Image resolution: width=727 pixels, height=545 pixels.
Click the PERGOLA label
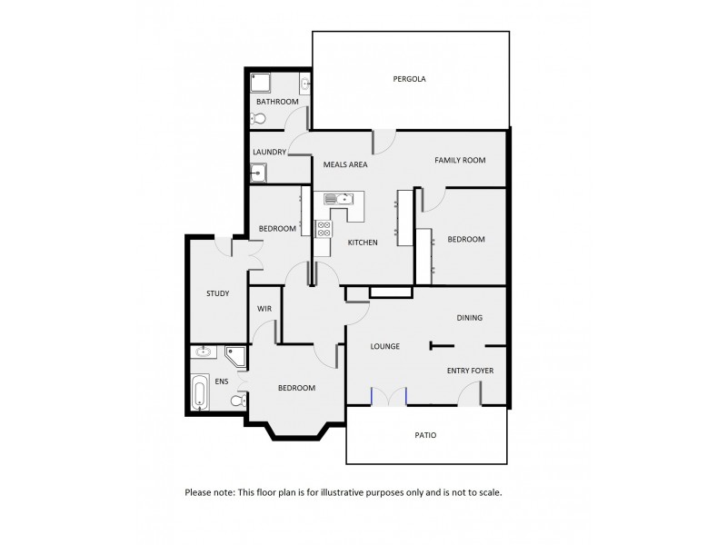[410, 79]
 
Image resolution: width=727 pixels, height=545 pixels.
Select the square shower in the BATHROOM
[262, 84]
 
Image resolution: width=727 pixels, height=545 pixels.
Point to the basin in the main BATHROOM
[305, 85]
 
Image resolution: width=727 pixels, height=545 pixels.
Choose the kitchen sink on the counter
[344, 198]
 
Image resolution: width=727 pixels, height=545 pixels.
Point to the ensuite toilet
[237, 401]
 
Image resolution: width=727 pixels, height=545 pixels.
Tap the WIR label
[265, 309]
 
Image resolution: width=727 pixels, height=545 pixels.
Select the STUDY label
[217, 293]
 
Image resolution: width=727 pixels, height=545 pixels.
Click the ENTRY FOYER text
[470, 372]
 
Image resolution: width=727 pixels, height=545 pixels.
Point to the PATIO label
[425, 435]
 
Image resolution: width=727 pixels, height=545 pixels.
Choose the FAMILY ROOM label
[460, 160]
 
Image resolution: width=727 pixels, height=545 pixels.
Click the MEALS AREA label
[344, 164]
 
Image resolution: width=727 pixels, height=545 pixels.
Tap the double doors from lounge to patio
[389, 395]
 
